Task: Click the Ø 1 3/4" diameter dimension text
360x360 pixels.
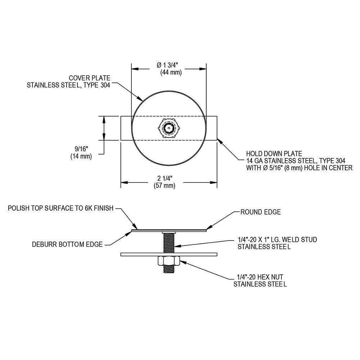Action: (x=167, y=65)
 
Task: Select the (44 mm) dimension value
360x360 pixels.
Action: (x=171, y=73)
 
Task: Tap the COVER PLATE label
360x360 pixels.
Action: (x=90, y=78)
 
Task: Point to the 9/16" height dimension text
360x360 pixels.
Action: (x=81, y=149)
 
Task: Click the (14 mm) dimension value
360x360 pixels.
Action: (x=81, y=157)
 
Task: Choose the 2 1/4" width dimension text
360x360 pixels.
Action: (x=165, y=178)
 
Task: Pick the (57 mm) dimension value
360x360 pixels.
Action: (x=165, y=185)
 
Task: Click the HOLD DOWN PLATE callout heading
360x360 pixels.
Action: (x=274, y=154)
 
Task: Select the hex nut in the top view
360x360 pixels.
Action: (x=169, y=129)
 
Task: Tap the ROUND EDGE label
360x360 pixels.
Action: (x=261, y=212)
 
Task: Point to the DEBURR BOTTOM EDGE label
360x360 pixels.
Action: (x=67, y=244)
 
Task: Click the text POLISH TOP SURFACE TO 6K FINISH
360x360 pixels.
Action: (x=60, y=208)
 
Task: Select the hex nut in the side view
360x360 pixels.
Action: (x=169, y=261)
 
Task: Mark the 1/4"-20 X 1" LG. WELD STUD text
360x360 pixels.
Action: (x=277, y=240)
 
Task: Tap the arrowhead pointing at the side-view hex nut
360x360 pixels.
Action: (x=182, y=261)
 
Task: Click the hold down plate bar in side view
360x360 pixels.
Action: (x=169, y=255)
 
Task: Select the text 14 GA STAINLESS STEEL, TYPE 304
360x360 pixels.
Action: (x=296, y=161)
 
